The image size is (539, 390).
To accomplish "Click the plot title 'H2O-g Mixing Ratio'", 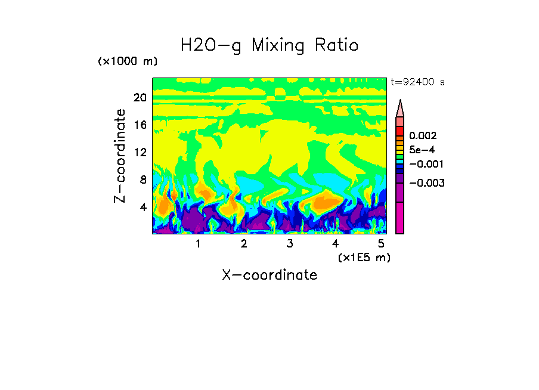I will (269, 45).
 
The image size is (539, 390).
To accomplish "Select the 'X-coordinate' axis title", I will (269, 275).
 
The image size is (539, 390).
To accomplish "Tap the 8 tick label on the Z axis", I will (143, 179).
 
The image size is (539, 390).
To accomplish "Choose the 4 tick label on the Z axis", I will (143, 207).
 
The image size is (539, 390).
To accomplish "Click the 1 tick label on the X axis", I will (198, 244).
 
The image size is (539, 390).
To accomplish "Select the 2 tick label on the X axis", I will (244, 244).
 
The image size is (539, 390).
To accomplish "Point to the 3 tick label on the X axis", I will (289, 244).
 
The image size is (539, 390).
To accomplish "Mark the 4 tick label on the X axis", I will (335, 244).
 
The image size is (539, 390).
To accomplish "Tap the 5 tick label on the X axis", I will (381, 244).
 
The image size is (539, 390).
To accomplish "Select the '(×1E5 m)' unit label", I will (364, 258).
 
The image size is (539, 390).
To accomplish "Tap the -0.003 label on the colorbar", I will (427, 183).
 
